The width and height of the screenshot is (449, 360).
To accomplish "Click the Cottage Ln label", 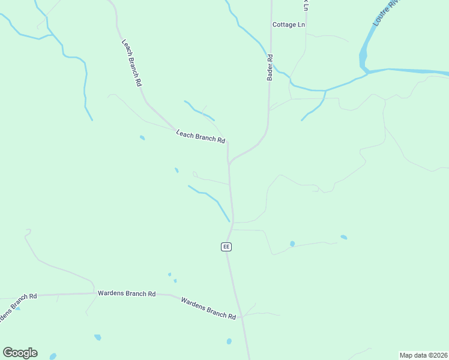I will pyautogui.click(x=288, y=25).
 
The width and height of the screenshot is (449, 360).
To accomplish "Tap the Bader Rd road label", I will pyautogui.click(x=270, y=67).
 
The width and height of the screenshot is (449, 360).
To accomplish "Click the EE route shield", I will pyautogui.click(x=226, y=247).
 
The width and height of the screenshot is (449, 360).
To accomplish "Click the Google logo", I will pyautogui.click(x=20, y=353).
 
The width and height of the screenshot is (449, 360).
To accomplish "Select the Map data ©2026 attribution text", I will pyautogui.click(x=423, y=355).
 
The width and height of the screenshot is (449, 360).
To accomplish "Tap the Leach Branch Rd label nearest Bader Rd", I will pyautogui.click(x=200, y=137).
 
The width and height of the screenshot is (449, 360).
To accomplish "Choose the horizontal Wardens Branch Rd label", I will pyautogui.click(x=127, y=294).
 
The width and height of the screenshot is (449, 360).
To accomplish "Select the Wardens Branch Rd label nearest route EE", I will pyautogui.click(x=208, y=308).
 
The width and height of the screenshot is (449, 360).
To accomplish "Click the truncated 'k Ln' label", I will pyautogui.click(x=306, y=5).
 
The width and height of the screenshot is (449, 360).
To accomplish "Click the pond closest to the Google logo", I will pyautogui.click(x=53, y=356).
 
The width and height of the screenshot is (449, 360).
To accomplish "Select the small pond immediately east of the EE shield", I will pyautogui.click(x=292, y=244).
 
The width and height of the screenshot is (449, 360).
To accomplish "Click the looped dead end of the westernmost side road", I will pyautogui.click(x=28, y=230).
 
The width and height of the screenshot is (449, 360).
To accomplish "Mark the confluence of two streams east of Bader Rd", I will pyautogui.click(x=325, y=91).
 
